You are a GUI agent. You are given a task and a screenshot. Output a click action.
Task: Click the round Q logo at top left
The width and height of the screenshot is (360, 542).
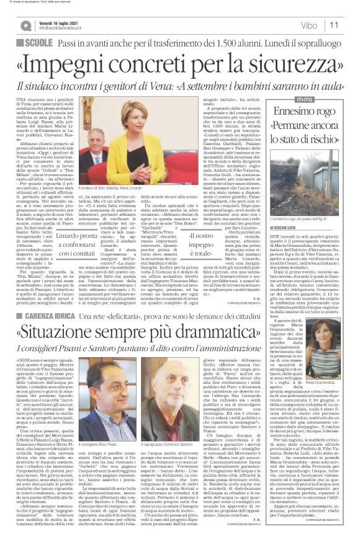(x=25, y=24)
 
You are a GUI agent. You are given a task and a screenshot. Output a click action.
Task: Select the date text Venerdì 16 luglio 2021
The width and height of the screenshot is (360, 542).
(x=67, y=21)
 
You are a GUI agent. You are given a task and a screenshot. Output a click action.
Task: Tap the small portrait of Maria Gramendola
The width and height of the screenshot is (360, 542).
(x=335, y=359)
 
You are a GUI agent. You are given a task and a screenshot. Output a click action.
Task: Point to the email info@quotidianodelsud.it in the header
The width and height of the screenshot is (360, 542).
(x=68, y=29)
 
